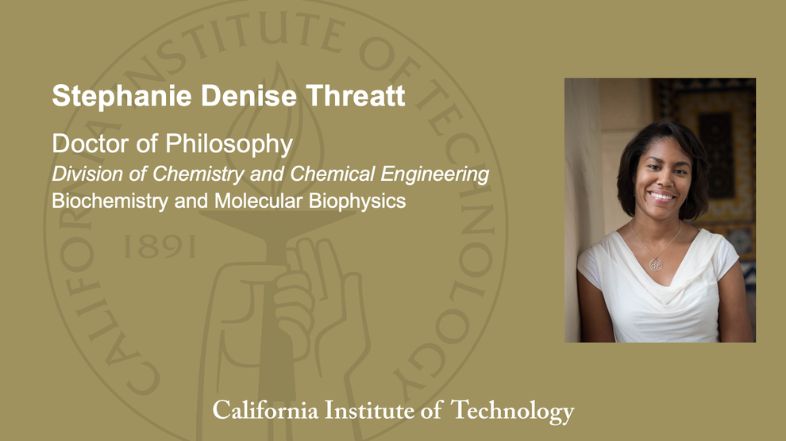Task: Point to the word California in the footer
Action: pyautogui.click(x=264, y=411)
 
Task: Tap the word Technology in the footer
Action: pyautogui.click(x=512, y=411)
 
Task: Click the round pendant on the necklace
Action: pyautogui.click(x=656, y=263)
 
